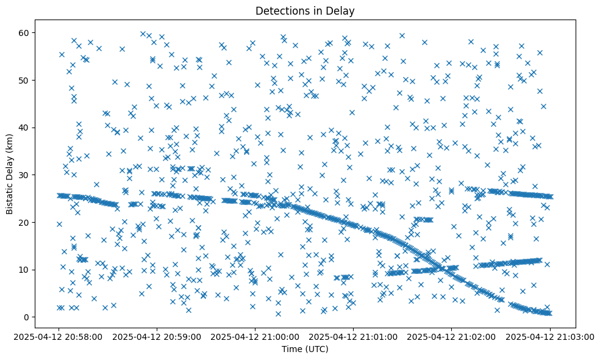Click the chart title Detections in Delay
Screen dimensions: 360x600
[305, 10]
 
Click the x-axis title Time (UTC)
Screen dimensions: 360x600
[305, 349]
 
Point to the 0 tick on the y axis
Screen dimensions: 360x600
[27, 317]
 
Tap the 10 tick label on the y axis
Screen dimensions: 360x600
[25, 270]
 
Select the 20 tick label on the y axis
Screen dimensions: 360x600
[25, 222]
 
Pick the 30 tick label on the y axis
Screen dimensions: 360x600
[25, 175]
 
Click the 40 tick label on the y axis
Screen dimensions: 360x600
[25, 128]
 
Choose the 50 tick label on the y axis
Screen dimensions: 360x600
[25, 80]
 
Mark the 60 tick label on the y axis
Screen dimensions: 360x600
[25, 32]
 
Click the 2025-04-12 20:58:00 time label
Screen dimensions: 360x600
[59, 336]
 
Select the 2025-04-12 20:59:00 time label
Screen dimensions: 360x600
[157, 336]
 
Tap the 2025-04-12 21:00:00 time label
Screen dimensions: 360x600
[255, 336]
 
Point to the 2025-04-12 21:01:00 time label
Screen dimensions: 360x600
[354, 336]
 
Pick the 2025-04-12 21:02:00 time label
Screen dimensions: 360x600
[452, 336]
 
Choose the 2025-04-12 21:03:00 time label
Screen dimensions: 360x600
[550, 336]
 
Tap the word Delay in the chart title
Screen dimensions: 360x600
[342, 10]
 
